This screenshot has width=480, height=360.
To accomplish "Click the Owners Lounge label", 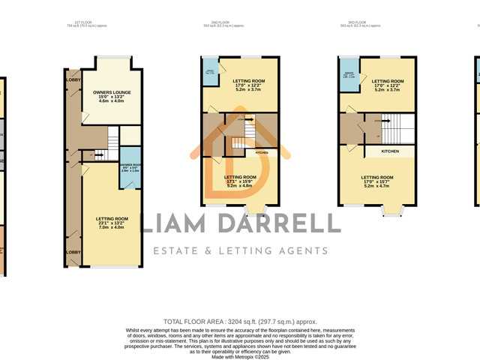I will pos(109,92).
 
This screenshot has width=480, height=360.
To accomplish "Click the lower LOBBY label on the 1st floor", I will pos(73,253).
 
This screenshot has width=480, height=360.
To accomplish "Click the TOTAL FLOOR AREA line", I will pos(240,320).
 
